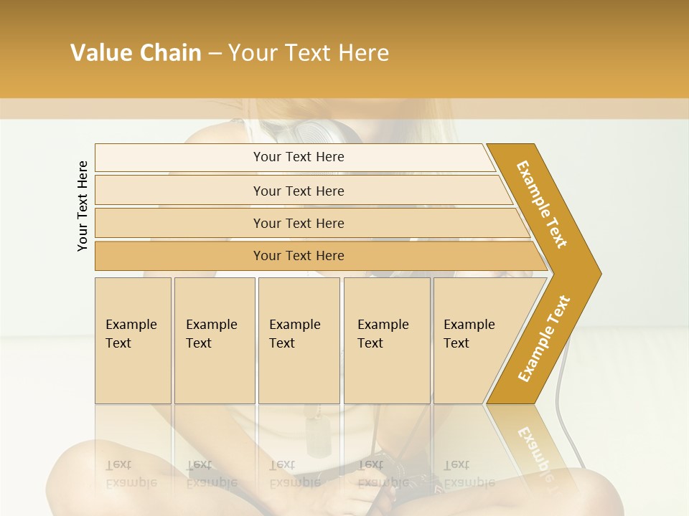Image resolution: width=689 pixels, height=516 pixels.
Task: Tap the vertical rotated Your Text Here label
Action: coord(83,206)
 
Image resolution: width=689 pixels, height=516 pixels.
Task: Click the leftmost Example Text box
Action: coord(133,340)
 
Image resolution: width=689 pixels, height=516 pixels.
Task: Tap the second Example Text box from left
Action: coord(215,340)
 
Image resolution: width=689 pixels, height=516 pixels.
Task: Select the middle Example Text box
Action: coord(299,340)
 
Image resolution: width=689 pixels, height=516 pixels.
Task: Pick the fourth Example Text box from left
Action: coord(387,340)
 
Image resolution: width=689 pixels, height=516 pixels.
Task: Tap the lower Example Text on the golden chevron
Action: coord(544,338)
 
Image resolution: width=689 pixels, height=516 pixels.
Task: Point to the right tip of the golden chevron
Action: coord(599,273)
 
